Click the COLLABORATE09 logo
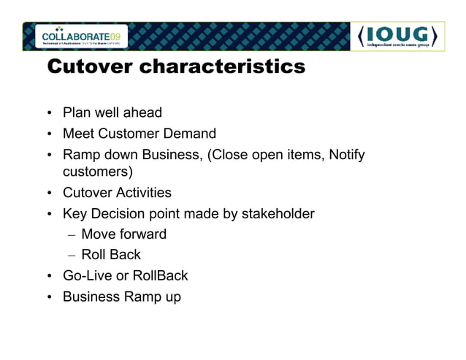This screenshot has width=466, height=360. (84, 36)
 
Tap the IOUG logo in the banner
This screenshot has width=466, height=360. (398, 37)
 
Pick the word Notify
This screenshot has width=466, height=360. (346, 154)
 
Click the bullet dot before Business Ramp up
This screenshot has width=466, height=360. (50, 297)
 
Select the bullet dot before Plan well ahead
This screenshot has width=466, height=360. (50, 113)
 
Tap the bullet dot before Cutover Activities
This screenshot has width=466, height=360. (50, 194)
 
